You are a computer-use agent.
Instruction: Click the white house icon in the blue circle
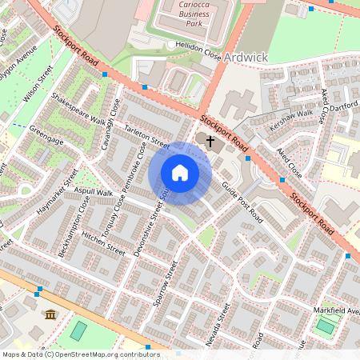click(180, 173)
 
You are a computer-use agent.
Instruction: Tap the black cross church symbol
click(211, 142)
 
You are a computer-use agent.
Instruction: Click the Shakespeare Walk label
click(78, 111)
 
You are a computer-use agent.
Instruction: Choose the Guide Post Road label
click(242, 202)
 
